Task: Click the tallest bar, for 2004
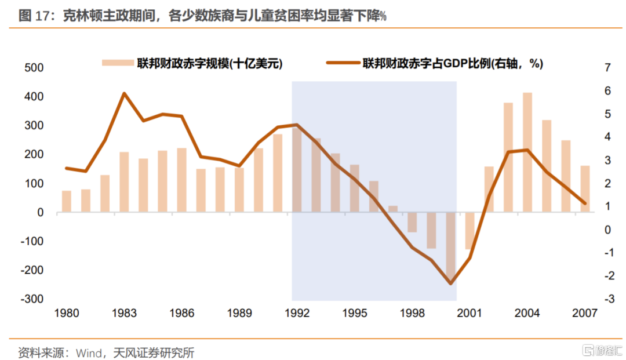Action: [x=527, y=152]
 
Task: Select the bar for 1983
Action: [x=124, y=182]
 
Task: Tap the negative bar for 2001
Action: [x=470, y=231]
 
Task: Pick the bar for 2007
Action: [x=585, y=189]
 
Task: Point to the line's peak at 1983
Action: [x=124, y=93]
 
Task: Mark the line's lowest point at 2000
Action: [x=451, y=283]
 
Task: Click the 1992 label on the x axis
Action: [x=297, y=314]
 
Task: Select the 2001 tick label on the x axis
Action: [x=470, y=314]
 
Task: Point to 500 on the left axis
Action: [x=34, y=68]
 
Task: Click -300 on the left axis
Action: [x=32, y=299]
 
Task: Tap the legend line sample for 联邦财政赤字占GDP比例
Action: [x=343, y=63]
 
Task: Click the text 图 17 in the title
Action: [x=32, y=16]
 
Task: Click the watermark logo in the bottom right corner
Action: [x=598, y=351]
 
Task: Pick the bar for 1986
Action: [x=181, y=180]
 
